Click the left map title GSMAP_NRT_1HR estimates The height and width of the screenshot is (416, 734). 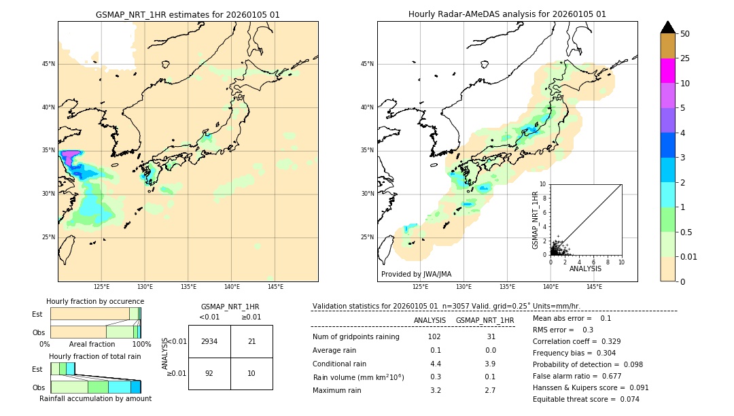click(188, 14)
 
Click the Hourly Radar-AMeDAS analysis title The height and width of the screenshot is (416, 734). click(507, 14)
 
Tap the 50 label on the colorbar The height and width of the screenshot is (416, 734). click(685, 34)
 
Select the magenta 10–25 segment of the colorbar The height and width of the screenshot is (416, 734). click(667, 71)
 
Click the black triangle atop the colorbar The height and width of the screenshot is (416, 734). click(667, 27)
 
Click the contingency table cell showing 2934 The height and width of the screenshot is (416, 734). click(209, 341)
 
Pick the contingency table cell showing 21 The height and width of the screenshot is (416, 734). click(251, 341)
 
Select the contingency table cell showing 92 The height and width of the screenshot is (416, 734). click(209, 373)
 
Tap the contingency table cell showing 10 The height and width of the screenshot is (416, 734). click(251, 373)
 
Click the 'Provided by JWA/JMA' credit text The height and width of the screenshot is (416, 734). click(416, 275)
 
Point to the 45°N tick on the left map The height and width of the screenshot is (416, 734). click(48, 64)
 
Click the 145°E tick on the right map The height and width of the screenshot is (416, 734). click(594, 287)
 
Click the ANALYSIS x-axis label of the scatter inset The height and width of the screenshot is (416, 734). click(585, 268)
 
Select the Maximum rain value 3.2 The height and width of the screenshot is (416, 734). click(434, 390)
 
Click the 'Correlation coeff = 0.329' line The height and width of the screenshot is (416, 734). click(576, 341)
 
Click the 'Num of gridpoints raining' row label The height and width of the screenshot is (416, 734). click(356, 337)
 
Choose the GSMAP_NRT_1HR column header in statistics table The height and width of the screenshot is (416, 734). click(485, 320)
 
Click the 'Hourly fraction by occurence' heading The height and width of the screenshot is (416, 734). click(95, 301)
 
